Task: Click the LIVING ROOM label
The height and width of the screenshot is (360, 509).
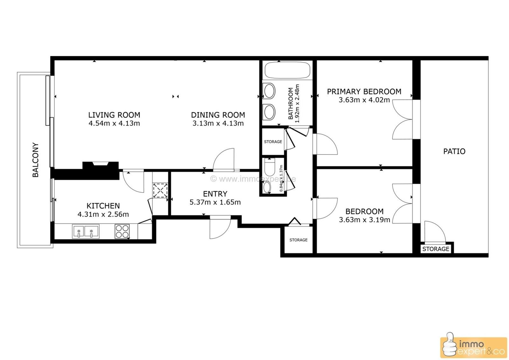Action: pyautogui.click(x=114, y=115)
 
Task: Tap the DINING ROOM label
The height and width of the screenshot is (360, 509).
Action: pyautogui.click(x=218, y=115)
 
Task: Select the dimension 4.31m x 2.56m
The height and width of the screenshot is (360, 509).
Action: pyautogui.click(x=103, y=214)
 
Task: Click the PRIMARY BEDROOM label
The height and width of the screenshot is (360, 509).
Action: pyautogui.click(x=364, y=92)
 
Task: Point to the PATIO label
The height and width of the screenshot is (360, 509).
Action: pyautogui.click(x=454, y=151)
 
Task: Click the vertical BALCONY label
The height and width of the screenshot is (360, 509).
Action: pyautogui.click(x=36, y=160)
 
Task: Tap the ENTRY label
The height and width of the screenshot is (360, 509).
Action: pyautogui.click(x=215, y=194)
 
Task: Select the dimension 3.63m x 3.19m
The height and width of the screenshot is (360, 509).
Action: pyautogui.click(x=364, y=220)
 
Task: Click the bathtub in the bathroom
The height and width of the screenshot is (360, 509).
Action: pyautogui.click(x=287, y=70)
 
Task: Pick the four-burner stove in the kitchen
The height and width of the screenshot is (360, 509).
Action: pyautogui.click(x=122, y=231)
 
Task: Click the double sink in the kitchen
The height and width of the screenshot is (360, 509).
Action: pyautogui.click(x=86, y=231)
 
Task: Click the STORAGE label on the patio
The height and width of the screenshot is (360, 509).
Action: pyautogui.click(x=436, y=249)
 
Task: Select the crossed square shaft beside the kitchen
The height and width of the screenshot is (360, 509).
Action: pyautogui.click(x=160, y=190)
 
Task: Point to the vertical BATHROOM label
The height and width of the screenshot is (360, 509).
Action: pyautogui.click(x=290, y=104)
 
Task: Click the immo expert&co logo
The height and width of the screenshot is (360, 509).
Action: pyautogui.click(x=473, y=347)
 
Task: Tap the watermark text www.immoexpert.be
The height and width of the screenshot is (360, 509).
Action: pyautogui.click(x=253, y=179)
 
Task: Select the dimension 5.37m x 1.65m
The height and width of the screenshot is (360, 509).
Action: pyautogui.click(x=215, y=202)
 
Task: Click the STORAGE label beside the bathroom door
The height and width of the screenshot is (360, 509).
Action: pyautogui.click(x=273, y=142)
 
